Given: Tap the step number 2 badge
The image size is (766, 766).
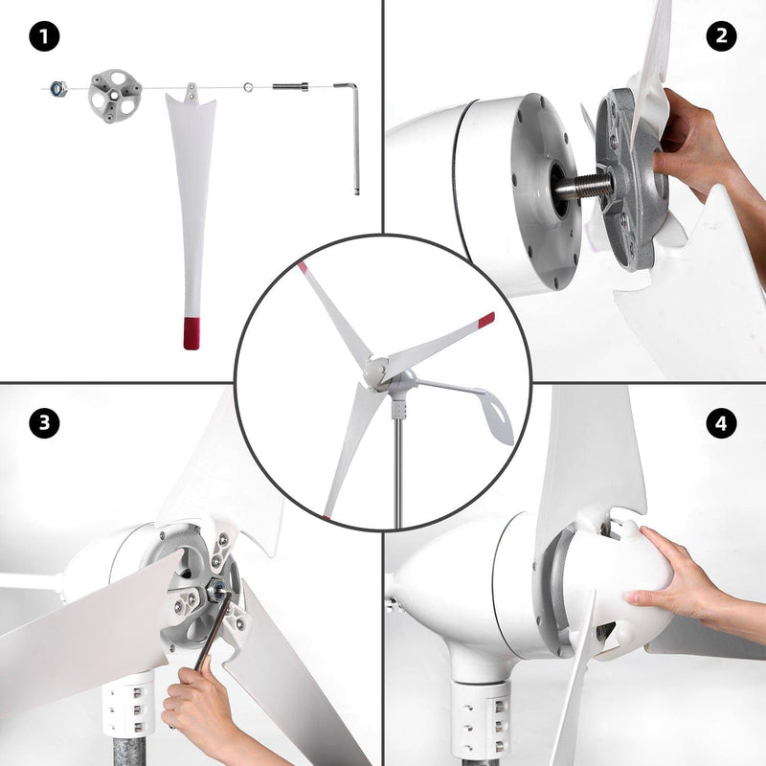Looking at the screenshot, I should pyautogui.click(x=721, y=37).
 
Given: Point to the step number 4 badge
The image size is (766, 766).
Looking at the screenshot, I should pyautogui.click(x=721, y=422).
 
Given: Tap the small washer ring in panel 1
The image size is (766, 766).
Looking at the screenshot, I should pyautogui.click(x=248, y=88).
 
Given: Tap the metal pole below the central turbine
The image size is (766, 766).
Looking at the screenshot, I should pyautogui.click(x=397, y=479).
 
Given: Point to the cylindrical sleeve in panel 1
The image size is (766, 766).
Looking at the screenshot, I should pyautogui.click(x=288, y=87).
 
